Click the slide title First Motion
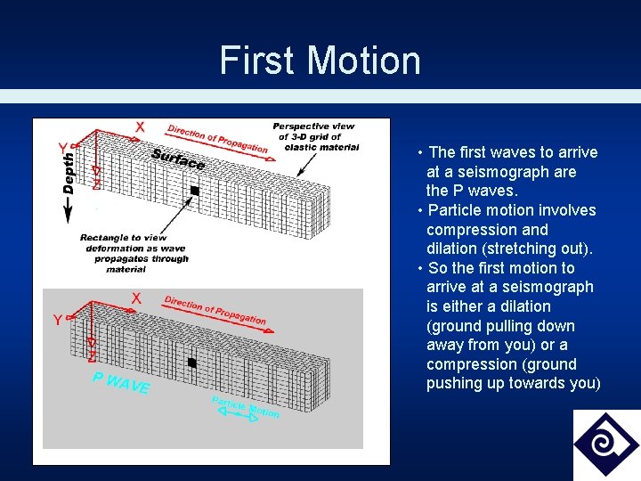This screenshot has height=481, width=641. click(320, 61)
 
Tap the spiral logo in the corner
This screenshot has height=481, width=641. click(606, 444)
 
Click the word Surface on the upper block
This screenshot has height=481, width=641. click(178, 159)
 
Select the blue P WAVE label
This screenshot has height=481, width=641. click(121, 383)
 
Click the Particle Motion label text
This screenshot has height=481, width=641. click(245, 407)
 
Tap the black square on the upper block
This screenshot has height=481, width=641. click(194, 191)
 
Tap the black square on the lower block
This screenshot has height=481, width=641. click(191, 363)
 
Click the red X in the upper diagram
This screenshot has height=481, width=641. click(140, 127)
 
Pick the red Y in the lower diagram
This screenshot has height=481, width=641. click(57, 320)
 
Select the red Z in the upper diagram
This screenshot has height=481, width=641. click(96, 183)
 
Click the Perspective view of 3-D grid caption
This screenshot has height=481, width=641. click(313, 136)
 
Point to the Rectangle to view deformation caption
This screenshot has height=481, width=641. click(134, 253)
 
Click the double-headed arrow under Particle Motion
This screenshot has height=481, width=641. click(240, 418)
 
